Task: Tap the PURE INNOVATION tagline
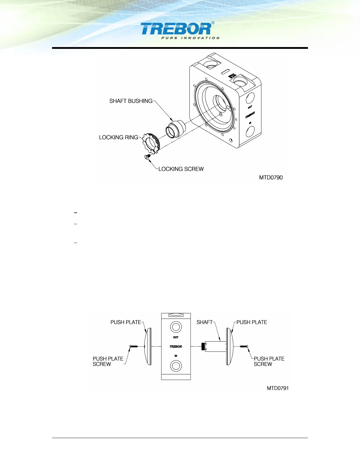[190, 38]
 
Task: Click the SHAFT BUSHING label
[131, 101]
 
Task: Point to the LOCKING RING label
[119, 137]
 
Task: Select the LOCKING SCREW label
[181, 169]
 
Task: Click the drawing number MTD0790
[271, 177]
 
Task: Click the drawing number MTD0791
[278, 388]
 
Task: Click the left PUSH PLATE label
[126, 322]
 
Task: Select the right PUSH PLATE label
[252, 322]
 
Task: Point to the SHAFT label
[204, 322]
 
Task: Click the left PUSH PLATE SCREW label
[108, 361]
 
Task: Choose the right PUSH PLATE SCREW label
[269, 361]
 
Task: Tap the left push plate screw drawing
[134, 347]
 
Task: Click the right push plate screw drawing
[244, 347]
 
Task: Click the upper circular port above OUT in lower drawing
[176, 327]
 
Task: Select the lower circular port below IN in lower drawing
[176, 366]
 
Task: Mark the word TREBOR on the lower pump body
[176, 347]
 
